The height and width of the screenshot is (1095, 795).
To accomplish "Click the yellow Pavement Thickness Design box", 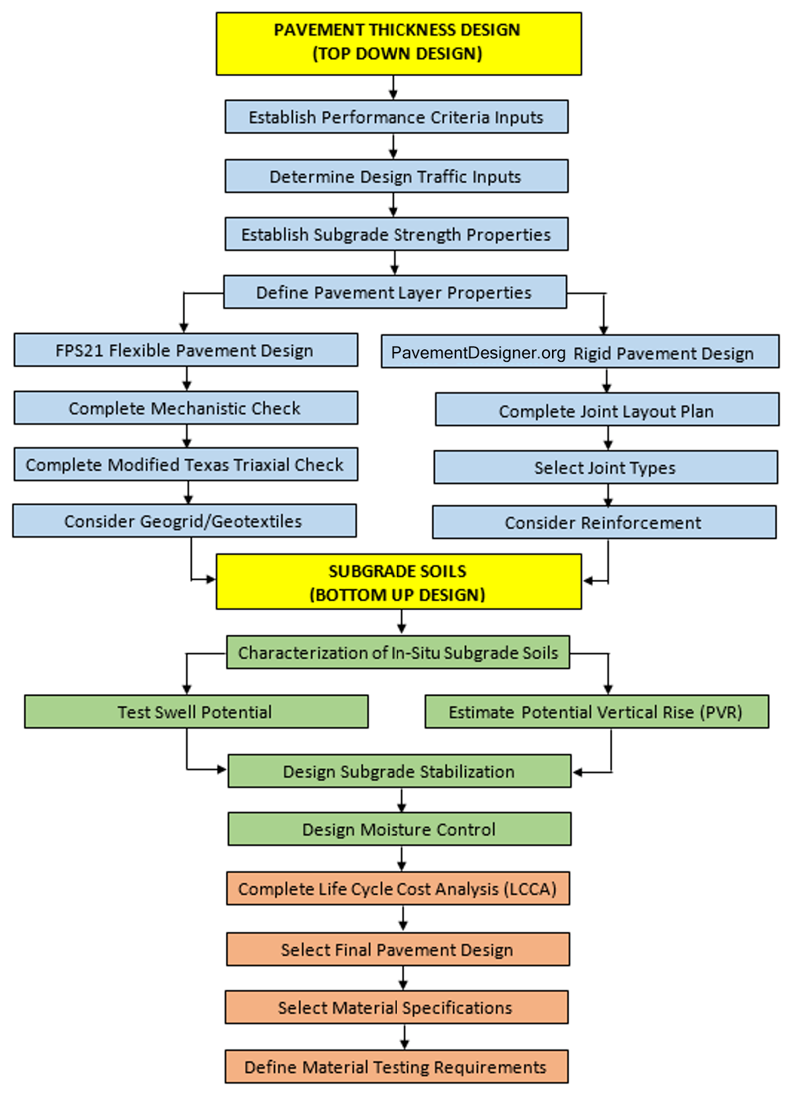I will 398,43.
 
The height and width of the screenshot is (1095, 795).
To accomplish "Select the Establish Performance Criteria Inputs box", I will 396,117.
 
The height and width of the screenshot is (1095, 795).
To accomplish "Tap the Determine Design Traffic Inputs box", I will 396,176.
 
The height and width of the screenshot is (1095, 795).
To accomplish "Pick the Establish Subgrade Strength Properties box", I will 396,234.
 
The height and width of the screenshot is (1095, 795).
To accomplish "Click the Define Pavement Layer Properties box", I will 395,293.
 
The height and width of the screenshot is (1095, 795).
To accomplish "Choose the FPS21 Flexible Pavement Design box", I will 186,350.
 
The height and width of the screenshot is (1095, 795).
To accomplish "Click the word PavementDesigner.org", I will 478,353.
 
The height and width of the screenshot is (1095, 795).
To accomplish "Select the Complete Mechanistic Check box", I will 186,408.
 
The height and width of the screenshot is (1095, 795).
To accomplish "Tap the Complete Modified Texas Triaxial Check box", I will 186,465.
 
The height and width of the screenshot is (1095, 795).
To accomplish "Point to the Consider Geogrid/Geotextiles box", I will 184,521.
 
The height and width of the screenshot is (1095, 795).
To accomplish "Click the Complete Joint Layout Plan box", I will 607,411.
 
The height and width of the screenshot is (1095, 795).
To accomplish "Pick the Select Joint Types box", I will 605,468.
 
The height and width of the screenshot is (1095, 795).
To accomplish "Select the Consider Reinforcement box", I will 604,522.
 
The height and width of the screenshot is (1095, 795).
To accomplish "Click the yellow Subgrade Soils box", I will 398,582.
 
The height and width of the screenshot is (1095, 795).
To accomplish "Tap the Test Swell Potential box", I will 196,712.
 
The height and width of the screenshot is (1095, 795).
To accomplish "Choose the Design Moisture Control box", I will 399,830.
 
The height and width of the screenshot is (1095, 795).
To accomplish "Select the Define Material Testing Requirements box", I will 396,1067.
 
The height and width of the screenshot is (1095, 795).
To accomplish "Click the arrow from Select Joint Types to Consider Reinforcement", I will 608,495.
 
